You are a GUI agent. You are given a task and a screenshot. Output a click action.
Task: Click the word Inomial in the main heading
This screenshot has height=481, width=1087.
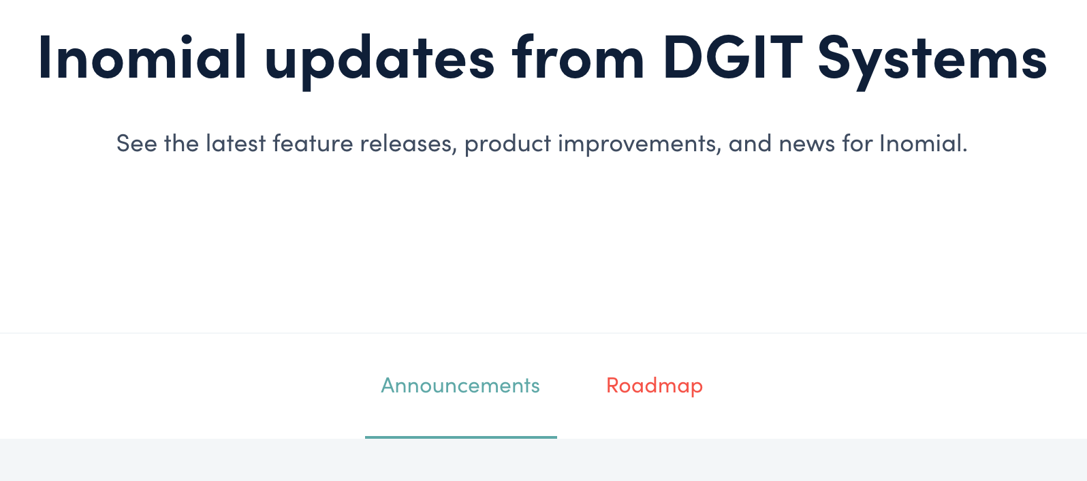[142, 57]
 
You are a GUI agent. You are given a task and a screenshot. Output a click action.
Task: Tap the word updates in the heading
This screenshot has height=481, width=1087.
[379, 61]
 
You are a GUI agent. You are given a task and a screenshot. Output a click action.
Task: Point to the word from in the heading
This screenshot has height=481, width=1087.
[578, 57]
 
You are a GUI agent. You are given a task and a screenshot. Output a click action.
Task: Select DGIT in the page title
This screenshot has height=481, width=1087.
[731, 57]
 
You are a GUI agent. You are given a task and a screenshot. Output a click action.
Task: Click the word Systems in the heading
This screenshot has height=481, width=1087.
[932, 61]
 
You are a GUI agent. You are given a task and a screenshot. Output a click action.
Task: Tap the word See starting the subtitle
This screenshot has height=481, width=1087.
[137, 143]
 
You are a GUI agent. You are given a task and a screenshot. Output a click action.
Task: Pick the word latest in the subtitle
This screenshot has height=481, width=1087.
[236, 143]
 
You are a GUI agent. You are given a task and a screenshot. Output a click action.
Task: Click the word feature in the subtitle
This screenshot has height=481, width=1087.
[313, 143]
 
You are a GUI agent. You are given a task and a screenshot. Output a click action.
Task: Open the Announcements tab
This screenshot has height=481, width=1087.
[460, 386]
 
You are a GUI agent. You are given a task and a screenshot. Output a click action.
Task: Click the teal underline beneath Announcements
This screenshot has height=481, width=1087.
[461, 437]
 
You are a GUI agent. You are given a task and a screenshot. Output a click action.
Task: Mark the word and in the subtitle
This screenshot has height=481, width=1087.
[750, 143]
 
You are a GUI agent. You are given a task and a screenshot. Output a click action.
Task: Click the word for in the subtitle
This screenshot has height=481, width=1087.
[857, 143]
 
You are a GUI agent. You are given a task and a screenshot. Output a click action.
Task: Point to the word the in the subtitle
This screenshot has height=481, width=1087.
[181, 143]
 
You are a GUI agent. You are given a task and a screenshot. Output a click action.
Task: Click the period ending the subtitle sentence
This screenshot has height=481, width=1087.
[964, 151]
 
